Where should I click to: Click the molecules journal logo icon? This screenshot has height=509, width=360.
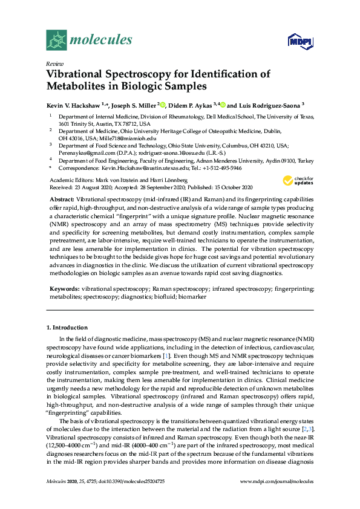coord(56,41)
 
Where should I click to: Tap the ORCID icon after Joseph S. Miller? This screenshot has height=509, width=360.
coord(162,103)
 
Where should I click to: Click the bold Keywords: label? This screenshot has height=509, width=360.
coord(64,290)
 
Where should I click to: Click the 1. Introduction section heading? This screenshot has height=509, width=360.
coord(67,327)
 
